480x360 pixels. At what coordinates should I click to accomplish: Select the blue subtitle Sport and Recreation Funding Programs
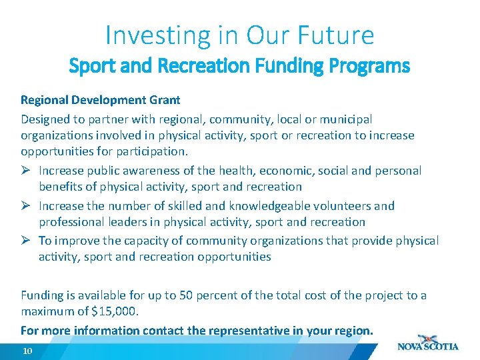click(x=240, y=67)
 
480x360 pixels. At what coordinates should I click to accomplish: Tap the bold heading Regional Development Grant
click(x=101, y=100)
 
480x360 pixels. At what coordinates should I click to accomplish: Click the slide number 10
click(x=27, y=351)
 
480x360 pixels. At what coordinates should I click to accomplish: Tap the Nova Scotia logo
click(x=427, y=343)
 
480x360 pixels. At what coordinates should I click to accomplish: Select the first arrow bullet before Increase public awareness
click(x=26, y=171)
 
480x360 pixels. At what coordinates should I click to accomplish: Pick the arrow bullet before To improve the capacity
click(x=26, y=240)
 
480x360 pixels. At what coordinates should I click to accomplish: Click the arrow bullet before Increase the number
click(x=26, y=205)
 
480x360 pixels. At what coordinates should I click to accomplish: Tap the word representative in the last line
click(x=249, y=331)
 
